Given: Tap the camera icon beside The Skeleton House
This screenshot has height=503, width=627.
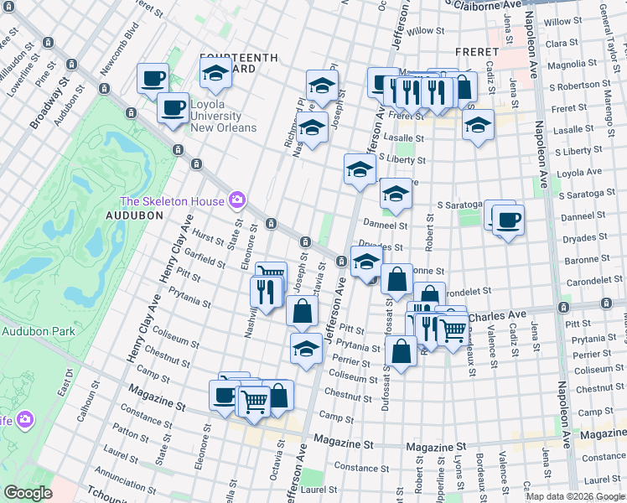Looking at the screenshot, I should coord(238,200).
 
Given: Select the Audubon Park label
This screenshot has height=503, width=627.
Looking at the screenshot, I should coord(38,331).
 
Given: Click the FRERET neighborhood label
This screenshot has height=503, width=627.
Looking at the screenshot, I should coord(477,52).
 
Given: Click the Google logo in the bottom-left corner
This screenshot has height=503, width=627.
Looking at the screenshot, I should coord(27,493).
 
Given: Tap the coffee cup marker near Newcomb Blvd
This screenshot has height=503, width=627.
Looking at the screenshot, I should coord(153,79).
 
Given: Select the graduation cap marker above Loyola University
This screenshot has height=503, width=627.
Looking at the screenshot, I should coord(216,72).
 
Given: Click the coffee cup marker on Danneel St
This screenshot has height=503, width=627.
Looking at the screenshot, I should coord(508,220).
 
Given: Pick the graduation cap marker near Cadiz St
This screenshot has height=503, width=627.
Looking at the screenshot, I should coord(478,125).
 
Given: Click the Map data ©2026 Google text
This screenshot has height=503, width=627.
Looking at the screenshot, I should coord(575,496).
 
